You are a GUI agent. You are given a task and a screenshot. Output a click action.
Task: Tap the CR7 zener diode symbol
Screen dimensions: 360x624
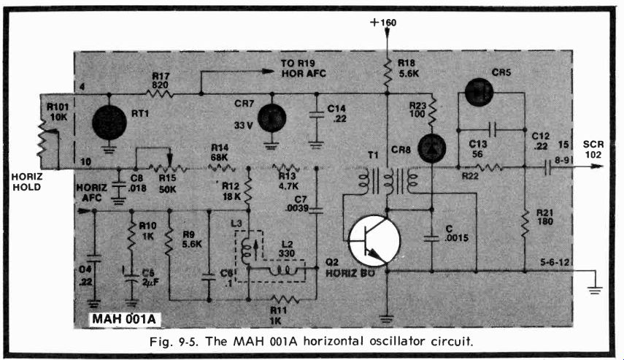(271, 118)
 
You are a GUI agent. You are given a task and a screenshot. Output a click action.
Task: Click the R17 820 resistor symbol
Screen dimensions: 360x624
(160, 93)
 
